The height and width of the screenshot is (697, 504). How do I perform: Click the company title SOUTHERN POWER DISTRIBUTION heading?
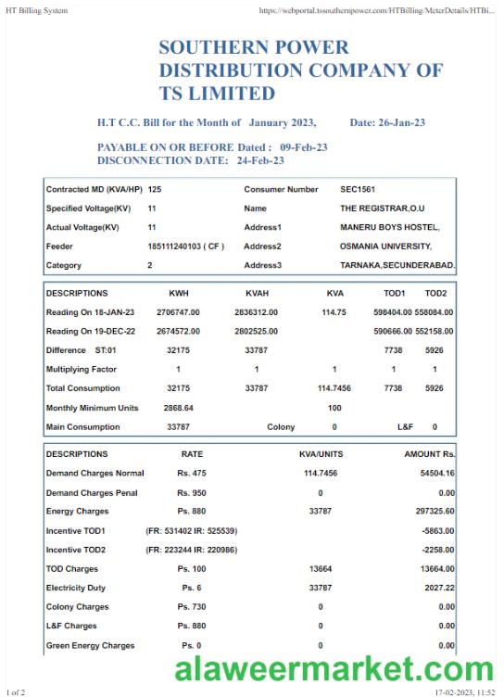tap(300, 70)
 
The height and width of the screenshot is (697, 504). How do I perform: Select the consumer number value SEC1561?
tap(359, 189)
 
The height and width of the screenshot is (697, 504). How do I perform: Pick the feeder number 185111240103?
tap(186, 247)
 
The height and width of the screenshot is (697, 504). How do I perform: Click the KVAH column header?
tap(257, 293)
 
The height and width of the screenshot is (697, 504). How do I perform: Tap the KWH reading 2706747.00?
tap(178, 312)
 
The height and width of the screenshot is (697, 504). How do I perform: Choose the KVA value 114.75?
tap(334, 312)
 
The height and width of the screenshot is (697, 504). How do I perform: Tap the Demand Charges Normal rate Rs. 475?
tap(191, 474)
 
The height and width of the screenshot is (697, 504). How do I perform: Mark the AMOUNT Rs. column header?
tap(429, 454)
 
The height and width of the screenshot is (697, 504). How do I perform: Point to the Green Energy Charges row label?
tap(90, 645)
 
